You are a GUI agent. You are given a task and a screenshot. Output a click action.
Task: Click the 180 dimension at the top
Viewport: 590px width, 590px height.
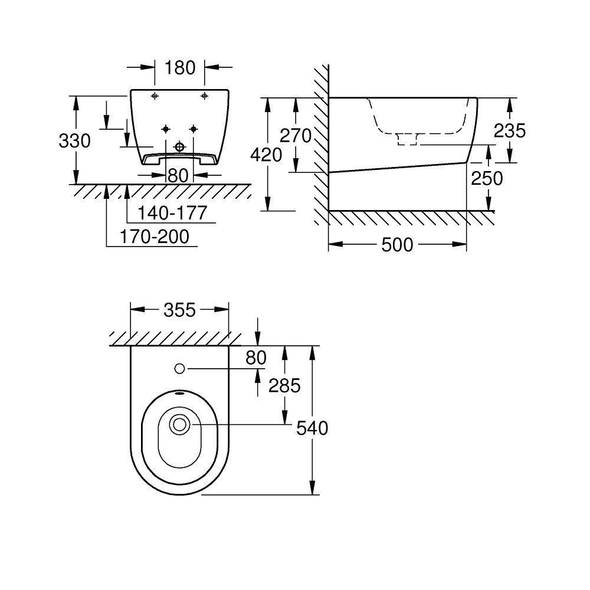coord(180,68)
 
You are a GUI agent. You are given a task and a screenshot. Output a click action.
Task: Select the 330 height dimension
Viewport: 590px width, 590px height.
coord(75,141)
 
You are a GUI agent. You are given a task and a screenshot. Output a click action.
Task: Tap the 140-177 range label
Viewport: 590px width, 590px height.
coord(172,213)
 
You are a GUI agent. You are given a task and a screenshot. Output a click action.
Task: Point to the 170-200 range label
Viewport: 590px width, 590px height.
coord(155,237)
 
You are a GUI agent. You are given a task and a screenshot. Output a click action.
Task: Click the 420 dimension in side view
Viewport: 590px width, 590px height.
coord(267,155)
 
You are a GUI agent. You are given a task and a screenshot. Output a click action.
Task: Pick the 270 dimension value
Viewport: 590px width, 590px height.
coord(295,136)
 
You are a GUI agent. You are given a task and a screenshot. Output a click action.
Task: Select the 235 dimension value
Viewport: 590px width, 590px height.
coord(509,130)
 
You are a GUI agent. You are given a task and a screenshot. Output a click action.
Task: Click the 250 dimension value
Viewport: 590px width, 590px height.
coord(487,178)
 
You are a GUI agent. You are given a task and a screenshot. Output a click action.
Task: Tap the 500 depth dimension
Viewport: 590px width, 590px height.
coord(397,245)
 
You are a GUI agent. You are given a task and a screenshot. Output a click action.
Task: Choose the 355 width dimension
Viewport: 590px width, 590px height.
coord(179,310)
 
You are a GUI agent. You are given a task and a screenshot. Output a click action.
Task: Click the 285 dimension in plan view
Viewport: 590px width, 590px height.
coord(285,385)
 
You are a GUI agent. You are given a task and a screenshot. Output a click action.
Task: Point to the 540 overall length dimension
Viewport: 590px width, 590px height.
coord(312,428)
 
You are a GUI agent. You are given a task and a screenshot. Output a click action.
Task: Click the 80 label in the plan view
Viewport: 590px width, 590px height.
coord(257,358)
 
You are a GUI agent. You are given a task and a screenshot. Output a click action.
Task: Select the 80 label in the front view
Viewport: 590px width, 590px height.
coord(178,175)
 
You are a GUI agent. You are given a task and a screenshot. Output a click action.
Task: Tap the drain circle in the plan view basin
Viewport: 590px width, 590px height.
coord(179,424)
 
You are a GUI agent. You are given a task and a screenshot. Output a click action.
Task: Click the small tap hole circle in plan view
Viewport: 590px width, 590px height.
coord(180,369)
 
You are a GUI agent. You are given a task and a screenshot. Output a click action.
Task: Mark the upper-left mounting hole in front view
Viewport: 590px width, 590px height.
coord(155,96)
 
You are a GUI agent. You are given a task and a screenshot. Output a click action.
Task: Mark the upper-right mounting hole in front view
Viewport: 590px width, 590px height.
coord(204,96)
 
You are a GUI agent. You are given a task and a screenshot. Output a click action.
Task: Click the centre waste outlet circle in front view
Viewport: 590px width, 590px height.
coord(180,146)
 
